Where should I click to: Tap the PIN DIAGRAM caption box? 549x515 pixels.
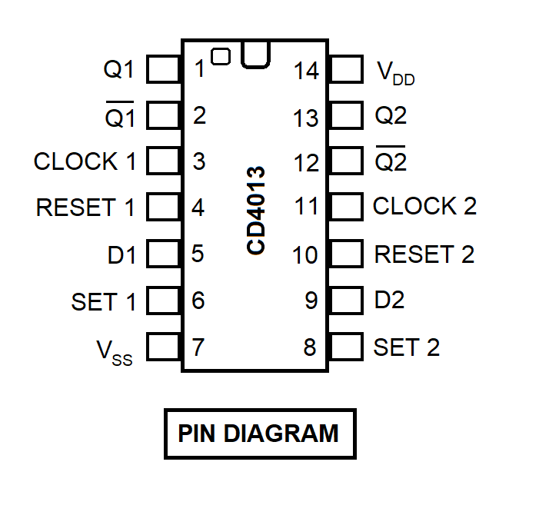click(x=259, y=434)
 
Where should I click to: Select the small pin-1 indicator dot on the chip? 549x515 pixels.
click(x=221, y=56)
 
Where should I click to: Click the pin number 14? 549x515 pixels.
click(x=306, y=71)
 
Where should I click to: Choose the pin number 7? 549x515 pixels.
click(x=198, y=347)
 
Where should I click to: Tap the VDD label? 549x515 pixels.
click(x=395, y=72)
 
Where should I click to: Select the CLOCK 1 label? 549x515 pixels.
click(x=85, y=162)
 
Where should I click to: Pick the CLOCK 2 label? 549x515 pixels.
click(x=424, y=206)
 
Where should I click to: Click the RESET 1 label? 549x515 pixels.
click(x=85, y=208)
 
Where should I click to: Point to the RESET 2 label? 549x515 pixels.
click(x=424, y=254)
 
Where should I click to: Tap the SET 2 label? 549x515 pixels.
click(x=406, y=347)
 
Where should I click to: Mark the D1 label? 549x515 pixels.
click(x=121, y=255)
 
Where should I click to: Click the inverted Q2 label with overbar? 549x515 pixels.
click(x=391, y=162)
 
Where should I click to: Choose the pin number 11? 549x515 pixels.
click(x=306, y=207)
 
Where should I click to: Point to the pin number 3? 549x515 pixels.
click(x=199, y=162)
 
